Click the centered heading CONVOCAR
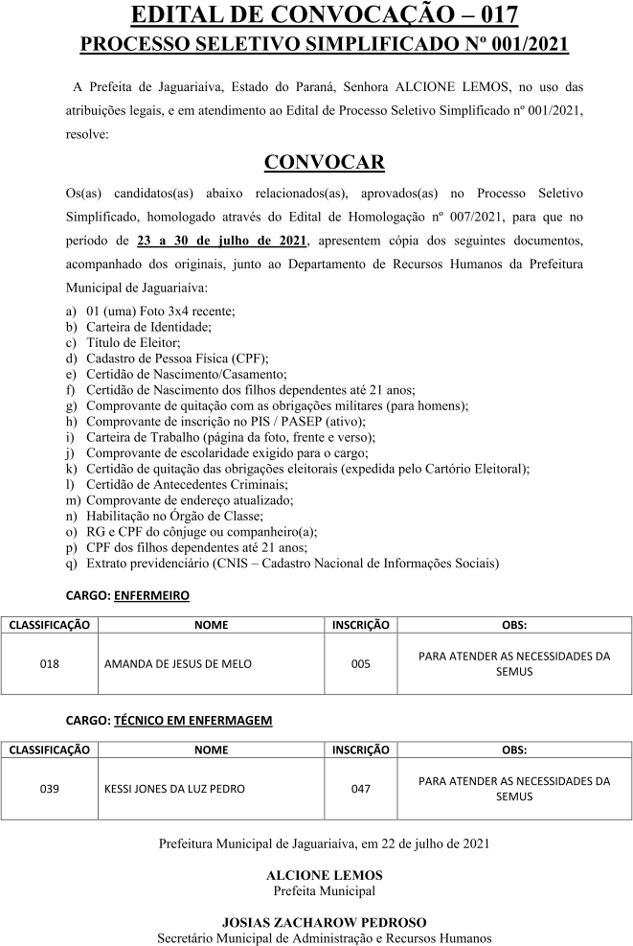click(324, 161)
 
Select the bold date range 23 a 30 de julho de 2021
click(222, 239)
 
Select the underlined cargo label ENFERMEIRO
click(151, 595)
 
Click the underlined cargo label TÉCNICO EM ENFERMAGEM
click(192, 719)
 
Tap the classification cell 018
click(50, 663)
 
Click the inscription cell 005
click(360, 663)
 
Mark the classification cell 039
click(50, 789)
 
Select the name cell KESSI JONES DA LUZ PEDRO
click(174, 789)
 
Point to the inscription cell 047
click(360, 789)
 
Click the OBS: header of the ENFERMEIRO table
click(514, 625)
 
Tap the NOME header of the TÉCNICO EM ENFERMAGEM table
click(211, 750)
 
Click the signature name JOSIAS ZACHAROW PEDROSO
click(324, 922)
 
